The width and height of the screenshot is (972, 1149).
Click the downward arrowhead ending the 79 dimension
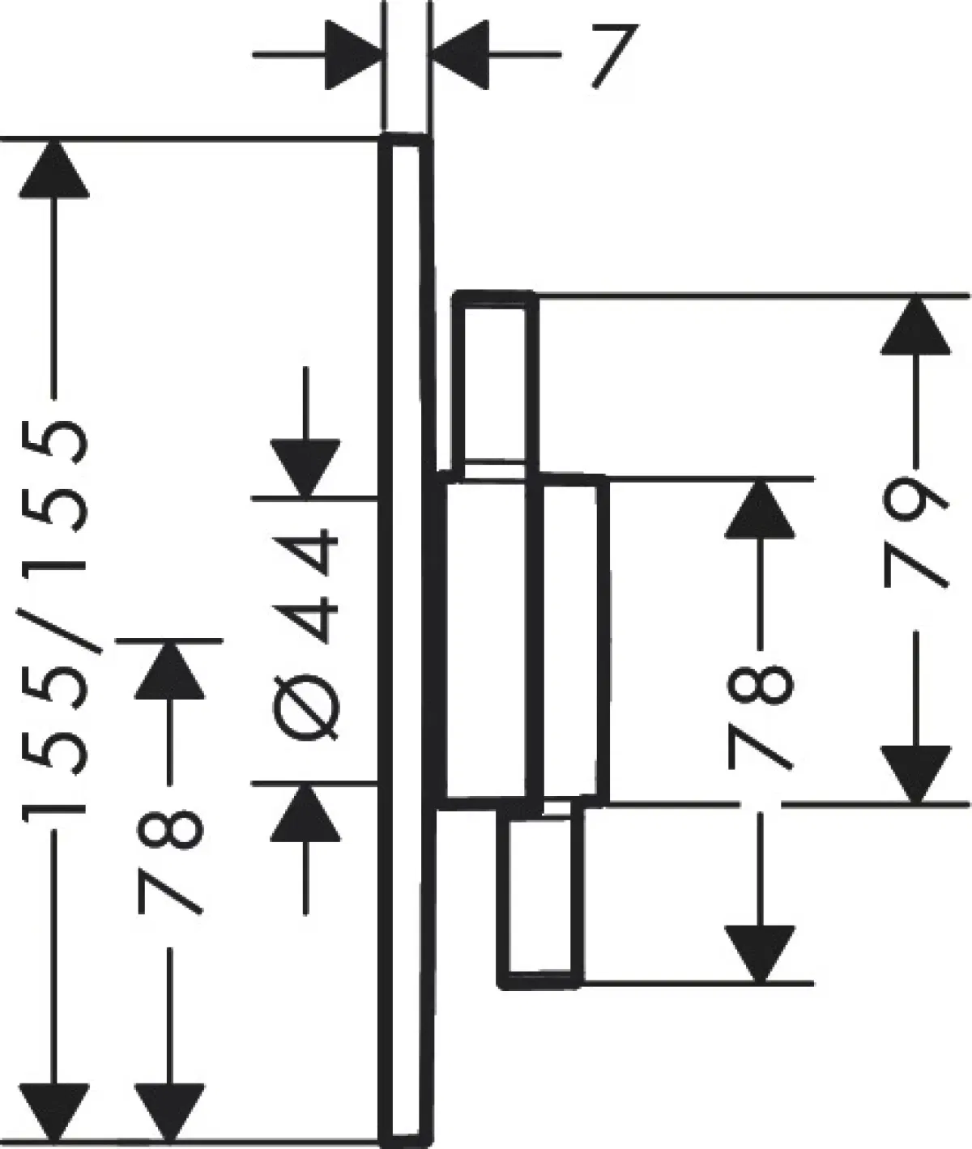(x=915, y=773)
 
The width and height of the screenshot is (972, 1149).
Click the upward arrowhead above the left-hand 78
(x=169, y=669)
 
